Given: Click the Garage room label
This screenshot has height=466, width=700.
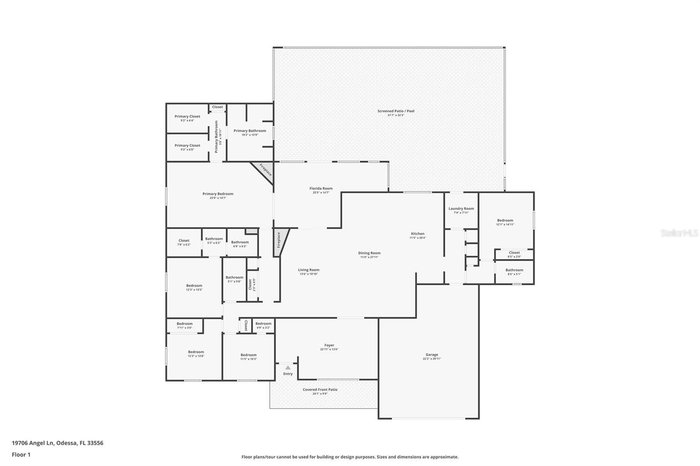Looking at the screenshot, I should tap(431, 355).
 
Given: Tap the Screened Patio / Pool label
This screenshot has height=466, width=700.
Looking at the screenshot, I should tap(395, 111).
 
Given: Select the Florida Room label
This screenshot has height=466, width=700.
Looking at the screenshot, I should tap(321, 188).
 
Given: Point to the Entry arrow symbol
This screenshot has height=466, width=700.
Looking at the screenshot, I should tap(287, 368).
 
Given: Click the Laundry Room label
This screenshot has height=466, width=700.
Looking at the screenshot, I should tap(461, 209).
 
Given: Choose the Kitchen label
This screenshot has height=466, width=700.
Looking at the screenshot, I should tap(417, 233).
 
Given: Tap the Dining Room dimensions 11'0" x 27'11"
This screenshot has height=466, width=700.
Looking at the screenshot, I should tap(369, 257).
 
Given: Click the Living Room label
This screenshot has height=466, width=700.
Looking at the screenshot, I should tap(309, 270).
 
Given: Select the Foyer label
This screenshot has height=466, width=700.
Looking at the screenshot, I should tap(329, 345).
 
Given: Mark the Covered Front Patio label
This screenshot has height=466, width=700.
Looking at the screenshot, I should tap(320, 389).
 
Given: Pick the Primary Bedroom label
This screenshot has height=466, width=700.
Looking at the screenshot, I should tap(217, 194).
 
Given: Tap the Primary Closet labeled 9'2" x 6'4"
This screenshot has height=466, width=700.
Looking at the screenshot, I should tap(187, 118).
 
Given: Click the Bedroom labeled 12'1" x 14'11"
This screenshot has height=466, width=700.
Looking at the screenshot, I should tap(505, 222).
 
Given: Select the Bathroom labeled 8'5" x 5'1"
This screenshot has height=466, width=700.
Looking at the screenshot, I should tap(514, 271).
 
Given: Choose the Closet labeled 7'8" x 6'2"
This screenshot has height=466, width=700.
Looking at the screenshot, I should tap(184, 242).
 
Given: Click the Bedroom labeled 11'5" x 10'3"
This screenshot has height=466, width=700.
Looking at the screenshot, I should tap(248, 357).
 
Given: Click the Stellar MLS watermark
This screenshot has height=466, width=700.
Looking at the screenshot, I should tap(679, 233).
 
